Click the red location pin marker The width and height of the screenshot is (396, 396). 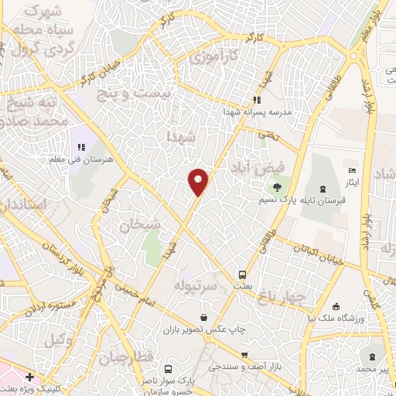[x=198, y=182]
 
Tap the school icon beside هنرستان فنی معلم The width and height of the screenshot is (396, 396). [x=80, y=147]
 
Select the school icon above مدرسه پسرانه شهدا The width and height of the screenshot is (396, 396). [x=257, y=99]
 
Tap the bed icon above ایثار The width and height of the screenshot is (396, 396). [x=353, y=171]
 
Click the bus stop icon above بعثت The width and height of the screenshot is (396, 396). [x=242, y=275]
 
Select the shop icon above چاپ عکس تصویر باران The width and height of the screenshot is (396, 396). [x=203, y=317]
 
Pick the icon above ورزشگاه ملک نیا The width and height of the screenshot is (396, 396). [x=334, y=306]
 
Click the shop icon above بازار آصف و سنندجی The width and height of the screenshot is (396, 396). [x=244, y=354]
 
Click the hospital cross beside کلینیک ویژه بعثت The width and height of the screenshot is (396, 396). [x=29, y=377]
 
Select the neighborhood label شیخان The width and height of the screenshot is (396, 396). [x=139, y=224]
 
